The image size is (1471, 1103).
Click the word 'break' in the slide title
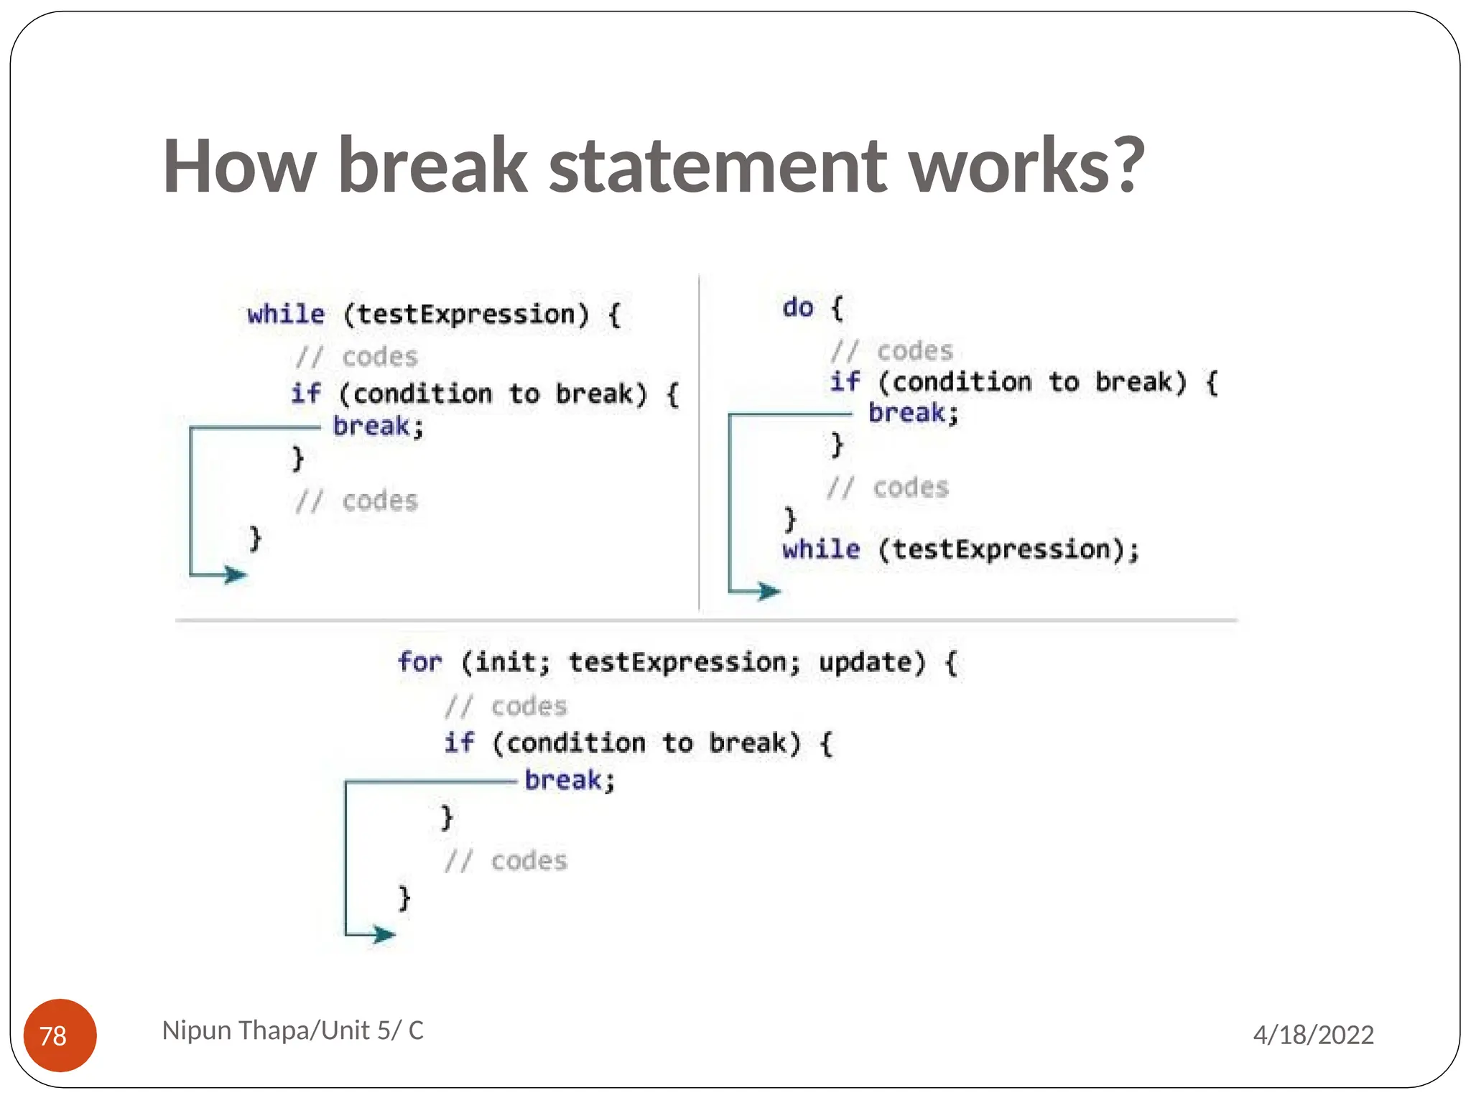click(433, 166)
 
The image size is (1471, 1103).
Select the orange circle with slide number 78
click(60, 1035)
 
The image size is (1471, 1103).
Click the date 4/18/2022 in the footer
click(1313, 1035)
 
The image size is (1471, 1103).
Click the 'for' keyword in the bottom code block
click(419, 661)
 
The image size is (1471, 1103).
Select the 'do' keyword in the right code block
click(798, 307)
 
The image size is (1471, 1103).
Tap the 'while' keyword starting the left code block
click(286, 315)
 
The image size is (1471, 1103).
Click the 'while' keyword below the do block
click(820, 549)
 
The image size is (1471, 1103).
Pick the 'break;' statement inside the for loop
click(570, 780)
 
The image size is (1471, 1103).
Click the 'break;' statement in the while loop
click(378, 427)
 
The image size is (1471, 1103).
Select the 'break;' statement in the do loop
click(913, 413)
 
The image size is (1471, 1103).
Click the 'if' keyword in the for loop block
click(458, 742)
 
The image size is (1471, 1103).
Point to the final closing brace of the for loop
click(404, 898)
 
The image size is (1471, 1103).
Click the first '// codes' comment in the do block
click(891, 350)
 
